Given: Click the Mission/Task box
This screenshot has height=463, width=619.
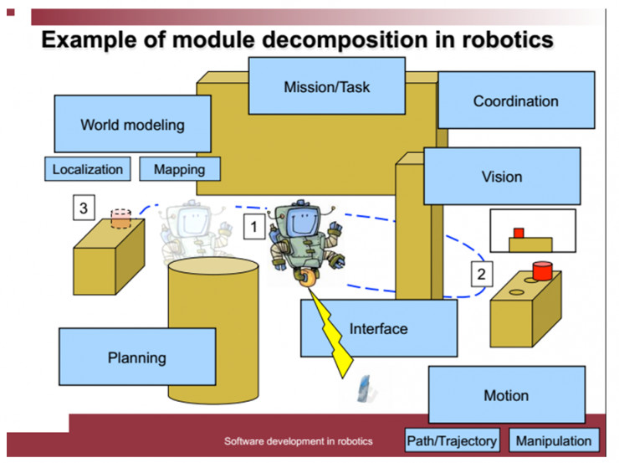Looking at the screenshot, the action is point(327,86).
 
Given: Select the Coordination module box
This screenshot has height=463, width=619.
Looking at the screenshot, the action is point(516,100).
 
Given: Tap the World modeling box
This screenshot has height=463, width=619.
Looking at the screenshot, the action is point(133,124).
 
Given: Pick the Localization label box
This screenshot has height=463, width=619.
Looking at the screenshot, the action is point(88,169).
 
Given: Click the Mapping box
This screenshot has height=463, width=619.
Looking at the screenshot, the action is point(180,169).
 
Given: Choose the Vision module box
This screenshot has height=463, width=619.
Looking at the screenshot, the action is point(502,176).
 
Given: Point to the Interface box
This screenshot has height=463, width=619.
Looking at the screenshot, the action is point(379,328).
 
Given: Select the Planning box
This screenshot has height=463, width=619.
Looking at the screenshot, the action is point(137,357).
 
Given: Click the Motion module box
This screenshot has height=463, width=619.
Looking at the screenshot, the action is point(507,394).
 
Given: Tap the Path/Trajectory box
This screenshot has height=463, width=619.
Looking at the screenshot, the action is point(453,440).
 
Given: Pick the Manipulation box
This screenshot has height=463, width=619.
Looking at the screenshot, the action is point(554,440).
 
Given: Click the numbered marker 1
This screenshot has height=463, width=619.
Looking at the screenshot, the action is point(253,226).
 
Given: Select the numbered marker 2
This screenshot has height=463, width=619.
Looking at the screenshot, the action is point(482,274).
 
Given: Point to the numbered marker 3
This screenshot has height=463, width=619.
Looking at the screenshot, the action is point(84,208).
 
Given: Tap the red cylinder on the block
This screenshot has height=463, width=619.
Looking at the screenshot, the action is point(542,270).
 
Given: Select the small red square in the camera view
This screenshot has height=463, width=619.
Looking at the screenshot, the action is point(519,233).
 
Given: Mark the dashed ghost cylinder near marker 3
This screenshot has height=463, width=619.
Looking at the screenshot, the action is point(120,219).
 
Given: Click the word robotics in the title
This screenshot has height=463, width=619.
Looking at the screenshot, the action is point(508,39).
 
